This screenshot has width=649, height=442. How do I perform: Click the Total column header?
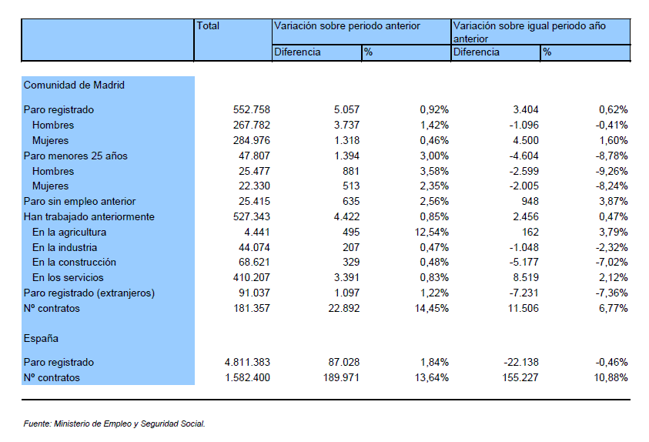tap(208, 25)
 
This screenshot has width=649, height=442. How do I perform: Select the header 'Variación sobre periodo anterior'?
tap(347, 25)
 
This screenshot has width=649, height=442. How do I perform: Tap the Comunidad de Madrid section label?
tap(74, 85)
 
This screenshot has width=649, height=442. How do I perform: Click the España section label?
tap(41, 338)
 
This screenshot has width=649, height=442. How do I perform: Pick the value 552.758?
tap(251, 109)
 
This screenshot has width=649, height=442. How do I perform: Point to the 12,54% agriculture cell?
tap(432, 233)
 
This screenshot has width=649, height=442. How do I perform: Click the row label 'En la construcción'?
tap(74, 263)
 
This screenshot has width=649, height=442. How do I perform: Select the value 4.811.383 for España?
tap(247, 362)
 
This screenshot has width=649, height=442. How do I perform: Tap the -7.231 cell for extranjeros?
tap(524, 293)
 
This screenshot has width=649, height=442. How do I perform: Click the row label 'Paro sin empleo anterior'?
tap(79, 202)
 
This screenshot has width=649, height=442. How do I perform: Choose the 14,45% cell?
tap(432, 308)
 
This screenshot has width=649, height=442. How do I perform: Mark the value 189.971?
tap(341, 377)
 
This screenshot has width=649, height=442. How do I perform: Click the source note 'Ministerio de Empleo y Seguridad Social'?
tap(129, 424)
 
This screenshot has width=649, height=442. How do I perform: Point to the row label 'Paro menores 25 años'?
tap(75, 156)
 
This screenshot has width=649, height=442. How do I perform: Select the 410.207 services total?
tap(251, 278)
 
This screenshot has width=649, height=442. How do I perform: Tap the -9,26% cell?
tap(612, 172)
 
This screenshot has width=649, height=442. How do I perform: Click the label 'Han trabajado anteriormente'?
tap(89, 217)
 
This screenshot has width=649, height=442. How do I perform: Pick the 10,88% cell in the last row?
tap(611, 377)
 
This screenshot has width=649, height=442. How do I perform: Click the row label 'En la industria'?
tap(65, 247)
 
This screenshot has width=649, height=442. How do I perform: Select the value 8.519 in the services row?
tap(526, 278)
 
